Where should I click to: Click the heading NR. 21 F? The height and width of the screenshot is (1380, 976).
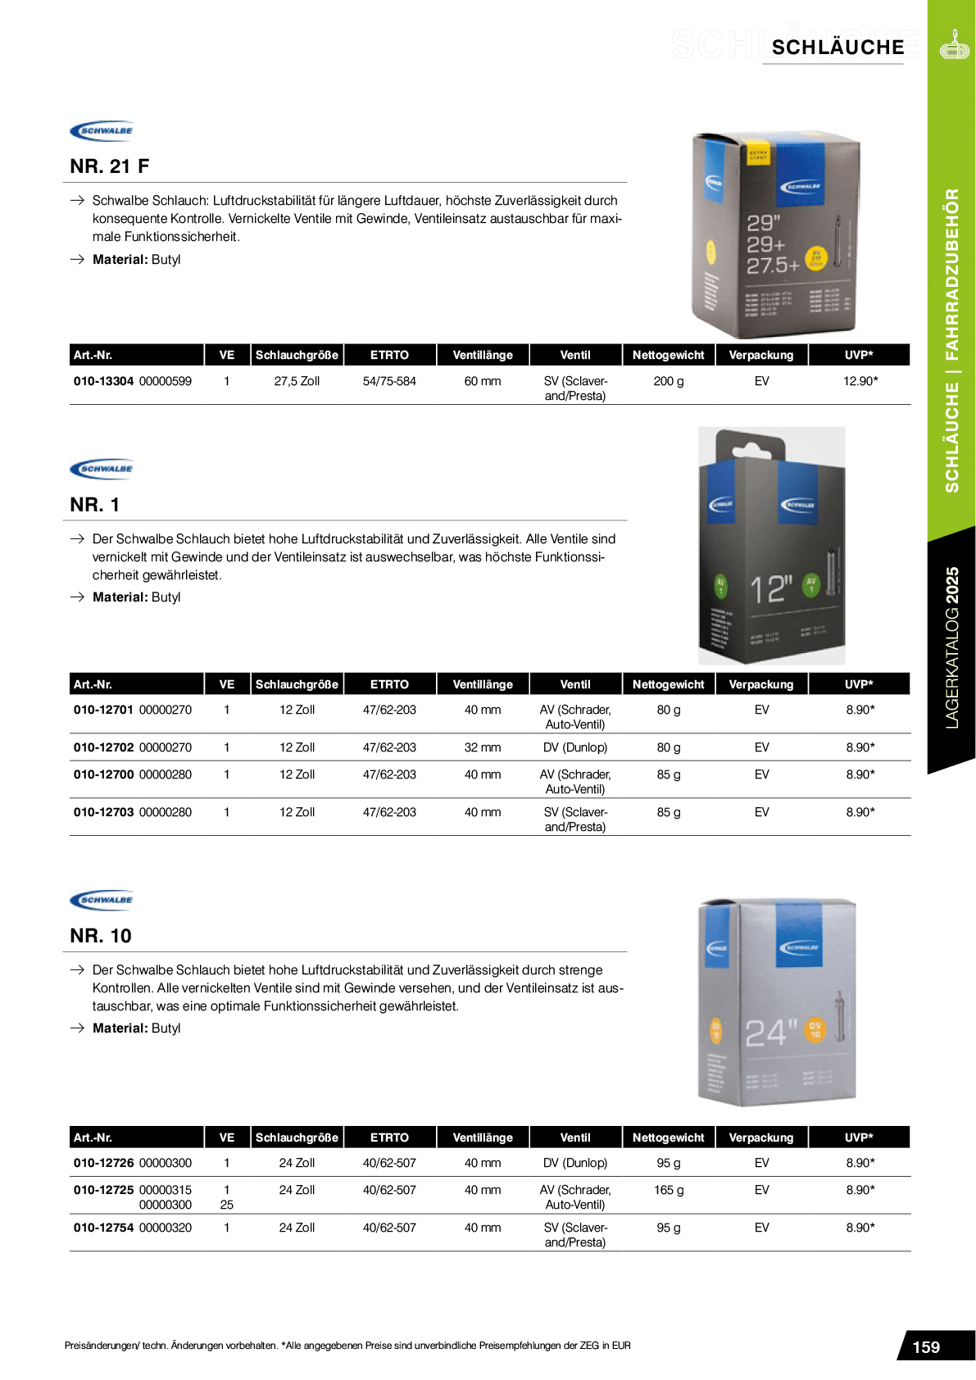click(x=109, y=166)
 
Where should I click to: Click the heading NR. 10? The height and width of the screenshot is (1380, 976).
click(x=100, y=936)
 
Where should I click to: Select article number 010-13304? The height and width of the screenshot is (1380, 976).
click(x=103, y=381)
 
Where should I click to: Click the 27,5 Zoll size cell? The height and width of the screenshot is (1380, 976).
click(x=297, y=381)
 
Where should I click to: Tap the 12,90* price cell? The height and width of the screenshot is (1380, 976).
click(x=860, y=381)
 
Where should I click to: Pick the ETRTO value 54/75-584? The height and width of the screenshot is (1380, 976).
click(x=389, y=381)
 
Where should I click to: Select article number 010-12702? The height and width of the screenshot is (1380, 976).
click(x=103, y=747)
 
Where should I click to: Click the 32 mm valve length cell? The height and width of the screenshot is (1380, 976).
click(x=483, y=747)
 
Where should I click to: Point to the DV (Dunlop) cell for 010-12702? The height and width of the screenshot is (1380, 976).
click(x=575, y=747)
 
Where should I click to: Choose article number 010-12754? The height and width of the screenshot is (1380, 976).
click(x=103, y=1228)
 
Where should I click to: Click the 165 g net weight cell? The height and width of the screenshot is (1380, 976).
click(x=669, y=1190)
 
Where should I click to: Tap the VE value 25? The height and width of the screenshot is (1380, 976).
click(x=227, y=1205)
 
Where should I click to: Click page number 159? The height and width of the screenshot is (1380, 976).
click(x=926, y=1347)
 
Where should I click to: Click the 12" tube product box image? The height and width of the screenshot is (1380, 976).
click(x=771, y=546)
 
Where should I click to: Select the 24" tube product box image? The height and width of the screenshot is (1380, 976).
click(x=776, y=1002)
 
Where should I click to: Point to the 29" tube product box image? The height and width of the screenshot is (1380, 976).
click(x=775, y=234)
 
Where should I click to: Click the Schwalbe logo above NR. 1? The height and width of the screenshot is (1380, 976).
click(x=102, y=469)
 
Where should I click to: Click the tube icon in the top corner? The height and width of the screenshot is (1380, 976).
click(x=954, y=45)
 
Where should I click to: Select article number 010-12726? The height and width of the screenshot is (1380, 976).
click(x=103, y=1163)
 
